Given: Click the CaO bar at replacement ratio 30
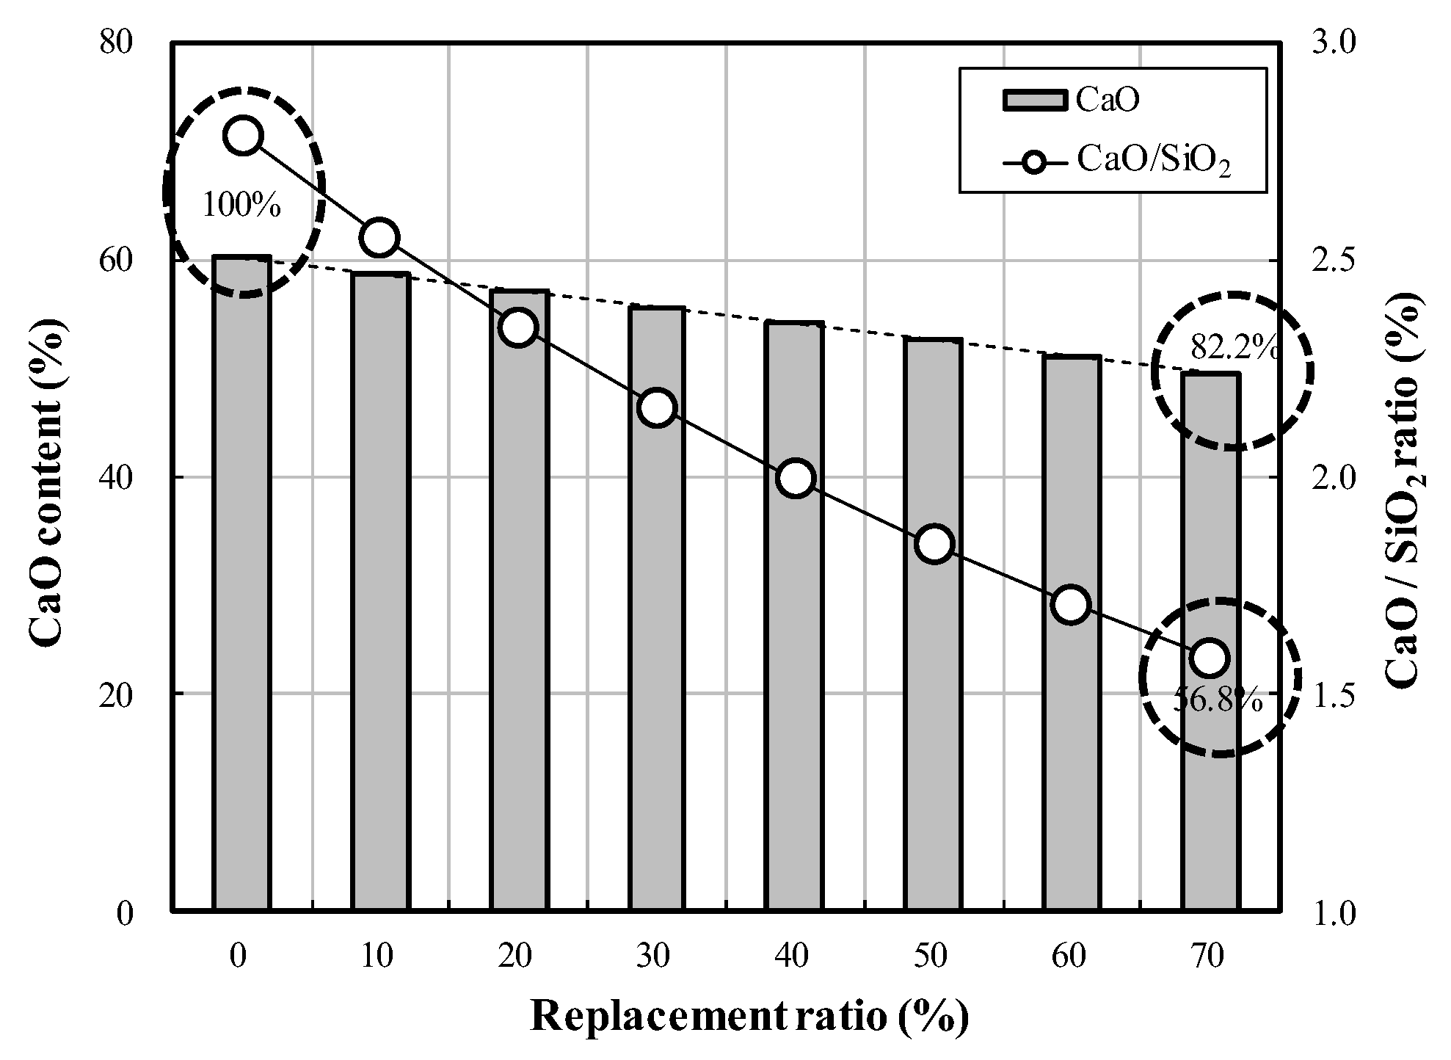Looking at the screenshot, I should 657,609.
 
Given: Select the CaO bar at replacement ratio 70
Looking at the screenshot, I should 1210,642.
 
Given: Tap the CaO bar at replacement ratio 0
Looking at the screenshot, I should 241,584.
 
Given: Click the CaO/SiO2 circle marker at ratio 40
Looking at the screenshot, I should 796,479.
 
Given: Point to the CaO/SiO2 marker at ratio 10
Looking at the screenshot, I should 379,237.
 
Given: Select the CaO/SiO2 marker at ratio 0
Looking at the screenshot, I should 243,136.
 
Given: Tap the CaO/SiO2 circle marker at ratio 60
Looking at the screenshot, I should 1071,605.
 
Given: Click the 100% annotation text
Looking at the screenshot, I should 241,206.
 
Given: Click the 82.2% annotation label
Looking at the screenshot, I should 1233,347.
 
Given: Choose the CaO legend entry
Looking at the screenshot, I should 1072,101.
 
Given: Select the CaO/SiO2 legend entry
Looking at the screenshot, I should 1116,160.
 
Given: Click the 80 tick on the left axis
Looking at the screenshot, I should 117,43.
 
